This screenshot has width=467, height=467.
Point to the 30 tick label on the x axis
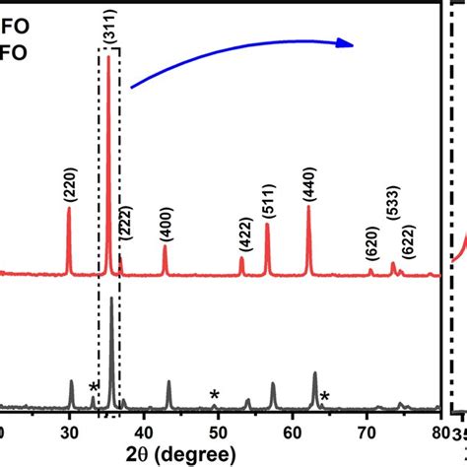click(69, 431)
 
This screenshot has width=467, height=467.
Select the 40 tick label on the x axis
click(144, 431)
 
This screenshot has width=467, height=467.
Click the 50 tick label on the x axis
click(219, 431)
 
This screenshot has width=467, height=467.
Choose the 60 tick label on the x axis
click(293, 431)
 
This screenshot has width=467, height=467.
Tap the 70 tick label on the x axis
click(367, 431)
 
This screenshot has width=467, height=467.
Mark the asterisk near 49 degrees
click(214, 396)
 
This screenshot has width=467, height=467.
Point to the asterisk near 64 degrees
click(324, 397)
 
